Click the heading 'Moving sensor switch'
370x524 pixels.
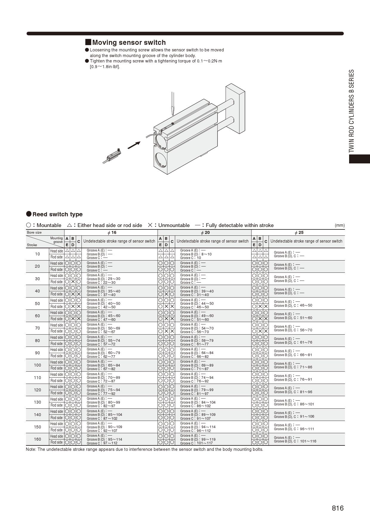coord(129,42)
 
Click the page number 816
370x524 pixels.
coord(337,508)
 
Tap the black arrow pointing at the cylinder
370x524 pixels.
coord(134,145)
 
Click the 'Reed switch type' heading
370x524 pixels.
coord(57,214)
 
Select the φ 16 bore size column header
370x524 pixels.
coord(112,232)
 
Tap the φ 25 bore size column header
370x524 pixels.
coord(299,232)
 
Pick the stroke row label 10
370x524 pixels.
coord(37,254)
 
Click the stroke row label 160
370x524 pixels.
coord(37,439)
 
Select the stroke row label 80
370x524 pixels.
coord(37,341)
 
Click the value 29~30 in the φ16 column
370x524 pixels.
coord(114,279)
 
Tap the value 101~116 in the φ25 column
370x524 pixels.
coord(308,441)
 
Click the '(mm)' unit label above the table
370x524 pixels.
coord(340,225)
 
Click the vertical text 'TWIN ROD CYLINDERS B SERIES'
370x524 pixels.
coord(352,111)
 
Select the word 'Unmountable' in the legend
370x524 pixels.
coord(174,225)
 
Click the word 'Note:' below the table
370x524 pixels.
coord(31,449)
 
